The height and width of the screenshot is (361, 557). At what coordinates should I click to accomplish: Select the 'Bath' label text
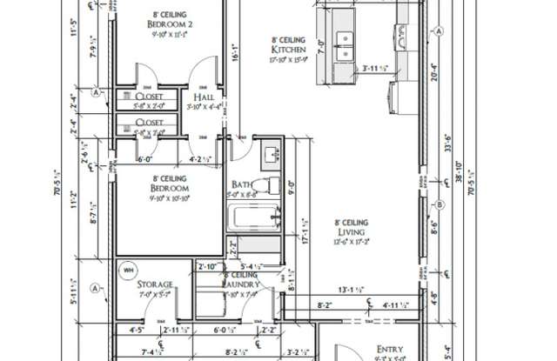pyautogui.click(x=243, y=184)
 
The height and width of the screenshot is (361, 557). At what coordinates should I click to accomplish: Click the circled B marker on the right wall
pyautogui.click(x=440, y=205)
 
